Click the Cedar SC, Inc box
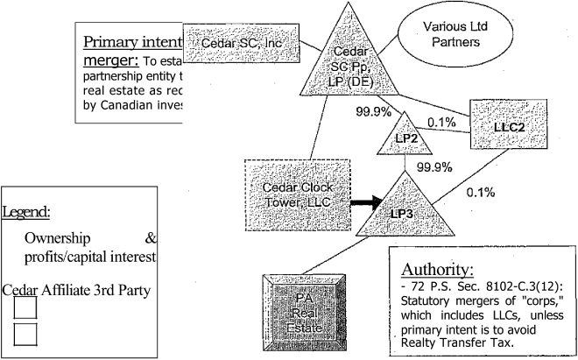(x=242, y=42)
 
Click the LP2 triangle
(x=405, y=138)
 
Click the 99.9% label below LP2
(x=434, y=166)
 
